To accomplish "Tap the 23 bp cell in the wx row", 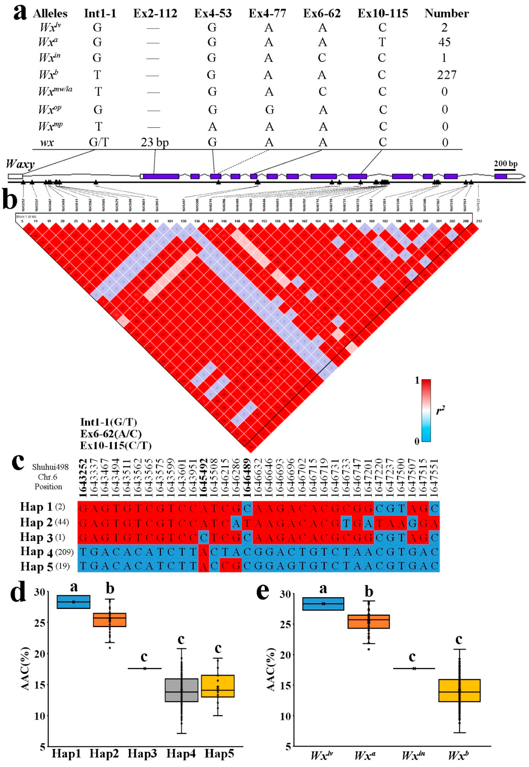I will coord(154,142).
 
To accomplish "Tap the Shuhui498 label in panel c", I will coord(50,467).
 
